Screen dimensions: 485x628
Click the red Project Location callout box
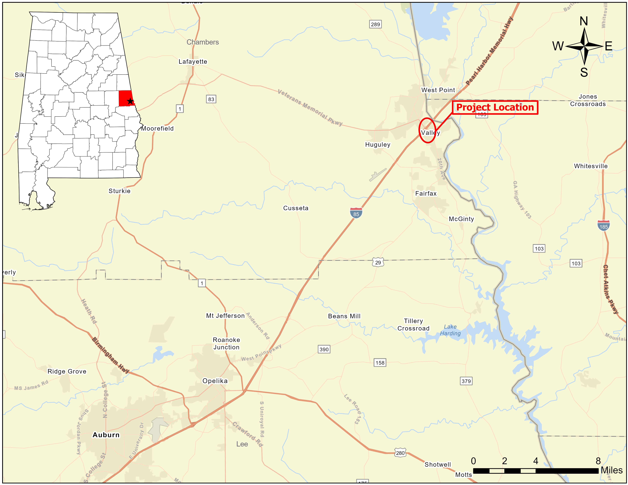(x=495, y=107)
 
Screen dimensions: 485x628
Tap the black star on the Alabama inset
(x=130, y=101)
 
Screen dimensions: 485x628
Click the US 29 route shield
(x=378, y=262)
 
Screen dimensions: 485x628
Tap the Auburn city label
(x=106, y=435)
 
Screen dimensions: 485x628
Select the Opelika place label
(x=215, y=381)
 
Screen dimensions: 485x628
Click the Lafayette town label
(x=193, y=62)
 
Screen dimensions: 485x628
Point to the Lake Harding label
(x=450, y=330)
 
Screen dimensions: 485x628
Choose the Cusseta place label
(x=296, y=208)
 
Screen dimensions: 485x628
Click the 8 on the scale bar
(x=598, y=461)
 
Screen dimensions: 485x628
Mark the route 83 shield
(x=211, y=99)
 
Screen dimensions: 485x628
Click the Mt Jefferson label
(x=225, y=316)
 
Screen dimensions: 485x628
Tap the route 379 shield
(x=466, y=381)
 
